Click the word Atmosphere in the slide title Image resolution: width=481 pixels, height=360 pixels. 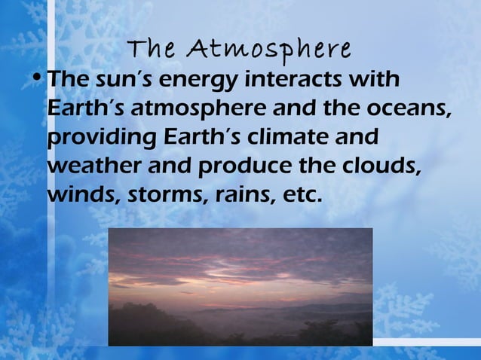tap(271, 50)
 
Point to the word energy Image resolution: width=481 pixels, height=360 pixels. tap(191, 81)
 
